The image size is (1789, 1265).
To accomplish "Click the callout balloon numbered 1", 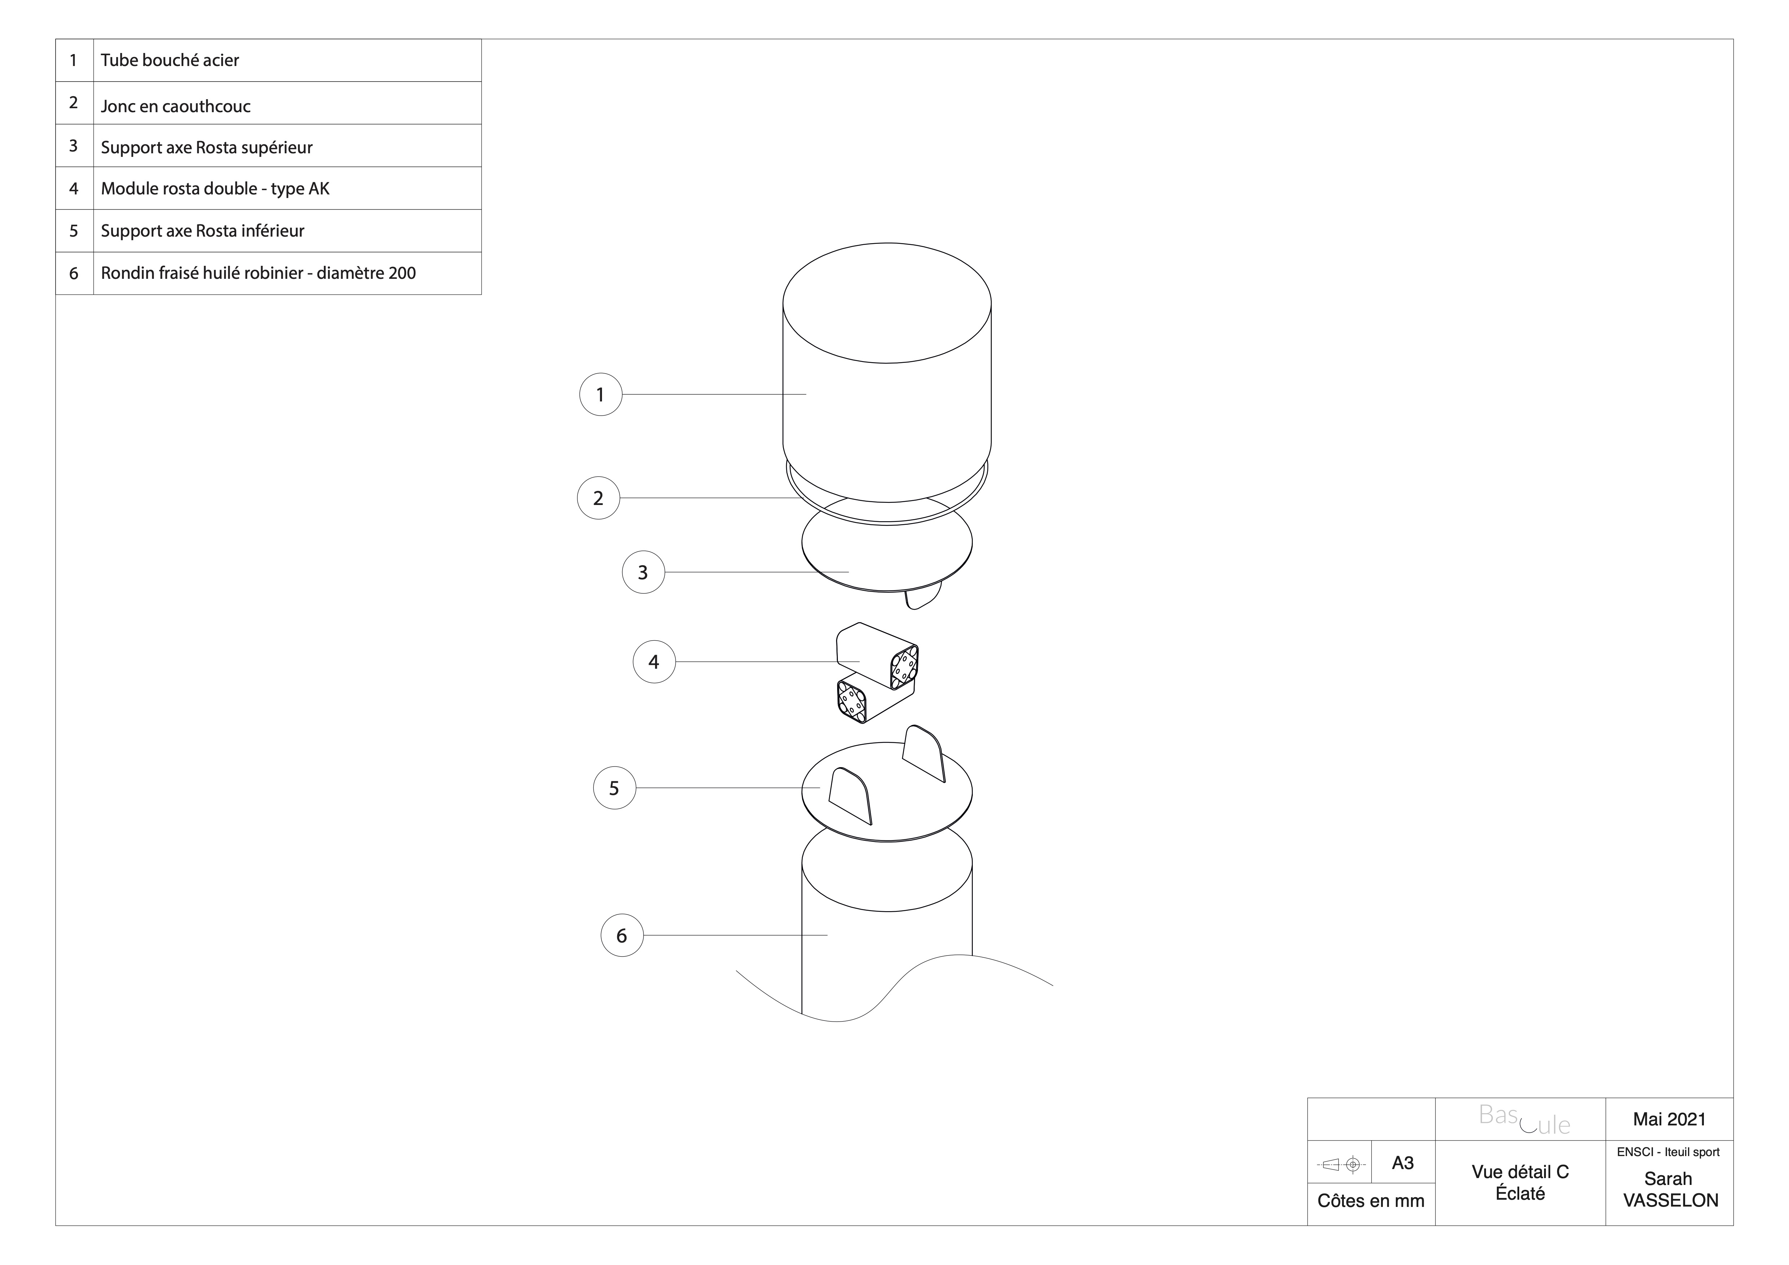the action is point(600,394).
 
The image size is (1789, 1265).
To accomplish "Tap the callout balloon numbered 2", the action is point(598,498).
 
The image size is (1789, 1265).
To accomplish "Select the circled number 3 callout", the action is point(643,572).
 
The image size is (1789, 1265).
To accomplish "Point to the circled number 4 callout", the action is point(654,662).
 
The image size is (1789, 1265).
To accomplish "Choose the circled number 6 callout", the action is point(622,935).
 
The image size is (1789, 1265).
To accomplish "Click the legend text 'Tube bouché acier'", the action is point(170,60).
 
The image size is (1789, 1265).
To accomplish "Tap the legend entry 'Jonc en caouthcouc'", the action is point(175,106).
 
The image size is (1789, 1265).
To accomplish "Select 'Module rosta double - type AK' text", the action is point(215,189).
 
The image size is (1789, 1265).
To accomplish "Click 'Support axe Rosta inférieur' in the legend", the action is point(203,231).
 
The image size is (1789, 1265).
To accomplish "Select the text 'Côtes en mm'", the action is point(1371,1201).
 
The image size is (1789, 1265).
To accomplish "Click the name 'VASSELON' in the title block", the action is point(1671,1200).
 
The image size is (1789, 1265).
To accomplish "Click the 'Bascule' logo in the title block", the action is point(1524,1119).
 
